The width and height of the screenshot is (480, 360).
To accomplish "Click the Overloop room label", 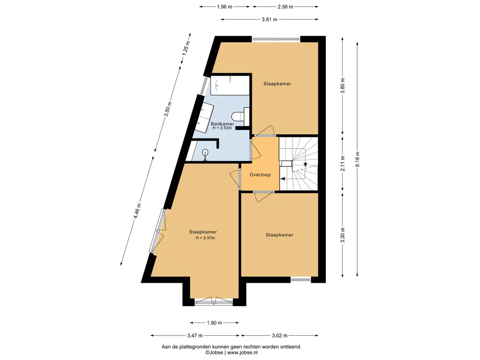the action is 260,175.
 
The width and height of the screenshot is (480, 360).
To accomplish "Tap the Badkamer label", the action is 223,124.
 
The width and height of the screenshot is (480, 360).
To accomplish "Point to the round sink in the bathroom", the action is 205,152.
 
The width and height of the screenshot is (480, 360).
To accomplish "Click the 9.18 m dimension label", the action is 357,159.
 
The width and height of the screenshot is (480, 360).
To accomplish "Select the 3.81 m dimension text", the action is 270,20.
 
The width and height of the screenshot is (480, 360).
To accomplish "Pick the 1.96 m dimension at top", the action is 225,7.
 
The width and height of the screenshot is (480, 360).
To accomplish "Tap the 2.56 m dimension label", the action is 285,7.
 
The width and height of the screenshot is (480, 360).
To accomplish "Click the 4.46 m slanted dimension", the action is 137,211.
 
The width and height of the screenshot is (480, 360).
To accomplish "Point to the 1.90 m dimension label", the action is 214,322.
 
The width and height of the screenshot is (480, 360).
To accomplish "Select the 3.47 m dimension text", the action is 195,336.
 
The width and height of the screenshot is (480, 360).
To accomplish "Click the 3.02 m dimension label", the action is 279,336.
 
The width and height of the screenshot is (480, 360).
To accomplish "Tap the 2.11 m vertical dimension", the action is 343,164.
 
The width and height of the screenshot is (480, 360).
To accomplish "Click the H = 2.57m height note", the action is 205,238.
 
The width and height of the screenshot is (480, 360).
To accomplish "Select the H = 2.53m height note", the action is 222,128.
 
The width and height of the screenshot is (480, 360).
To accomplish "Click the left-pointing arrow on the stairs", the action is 284,179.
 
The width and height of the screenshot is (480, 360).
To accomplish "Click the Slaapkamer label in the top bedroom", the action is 277,83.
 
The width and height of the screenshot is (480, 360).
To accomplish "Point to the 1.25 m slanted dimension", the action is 186,48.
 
